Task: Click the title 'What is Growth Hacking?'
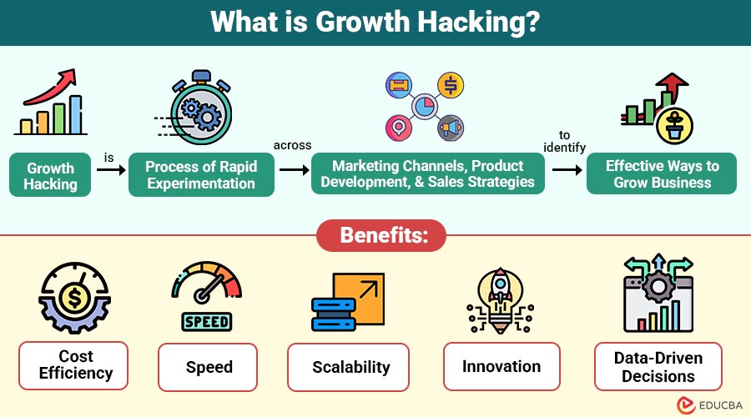click(375, 22)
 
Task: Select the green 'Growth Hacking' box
click(50, 175)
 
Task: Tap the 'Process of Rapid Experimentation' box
click(201, 175)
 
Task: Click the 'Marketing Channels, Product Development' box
click(428, 173)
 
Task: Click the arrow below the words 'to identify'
click(567, 169)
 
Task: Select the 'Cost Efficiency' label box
click(75, 365)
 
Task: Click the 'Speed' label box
click(209, 366)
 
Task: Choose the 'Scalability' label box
click(350, 366)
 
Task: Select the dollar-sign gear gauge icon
click(75, 297)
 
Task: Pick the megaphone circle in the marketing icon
click(450, 127)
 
